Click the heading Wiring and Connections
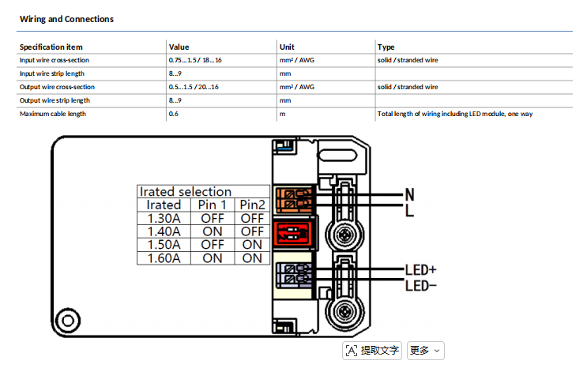[x=66, y=19]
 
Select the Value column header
[x=179, y=47]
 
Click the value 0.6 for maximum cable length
[x=173, y=114]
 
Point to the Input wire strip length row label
[x=52, y=73]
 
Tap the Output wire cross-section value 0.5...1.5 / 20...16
[x=194, y=87]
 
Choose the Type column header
[x=386, y=47]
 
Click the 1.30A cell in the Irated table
[x=164, y=218]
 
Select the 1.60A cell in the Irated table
[x=164, y=258]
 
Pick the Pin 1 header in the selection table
[x=213, y=205]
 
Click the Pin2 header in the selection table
[x=252, y=205]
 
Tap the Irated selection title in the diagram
[x=186, y=192]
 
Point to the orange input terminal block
[x=294, y=199]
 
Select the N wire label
[x=410, y=194]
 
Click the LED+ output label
[x=421, y=270]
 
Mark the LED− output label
[x=421, y=286]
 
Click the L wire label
[x=409, y=211]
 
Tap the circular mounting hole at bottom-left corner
[x=68, y=321]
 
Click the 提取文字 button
[x=372, y=351]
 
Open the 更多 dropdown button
[x=426, y=351]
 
